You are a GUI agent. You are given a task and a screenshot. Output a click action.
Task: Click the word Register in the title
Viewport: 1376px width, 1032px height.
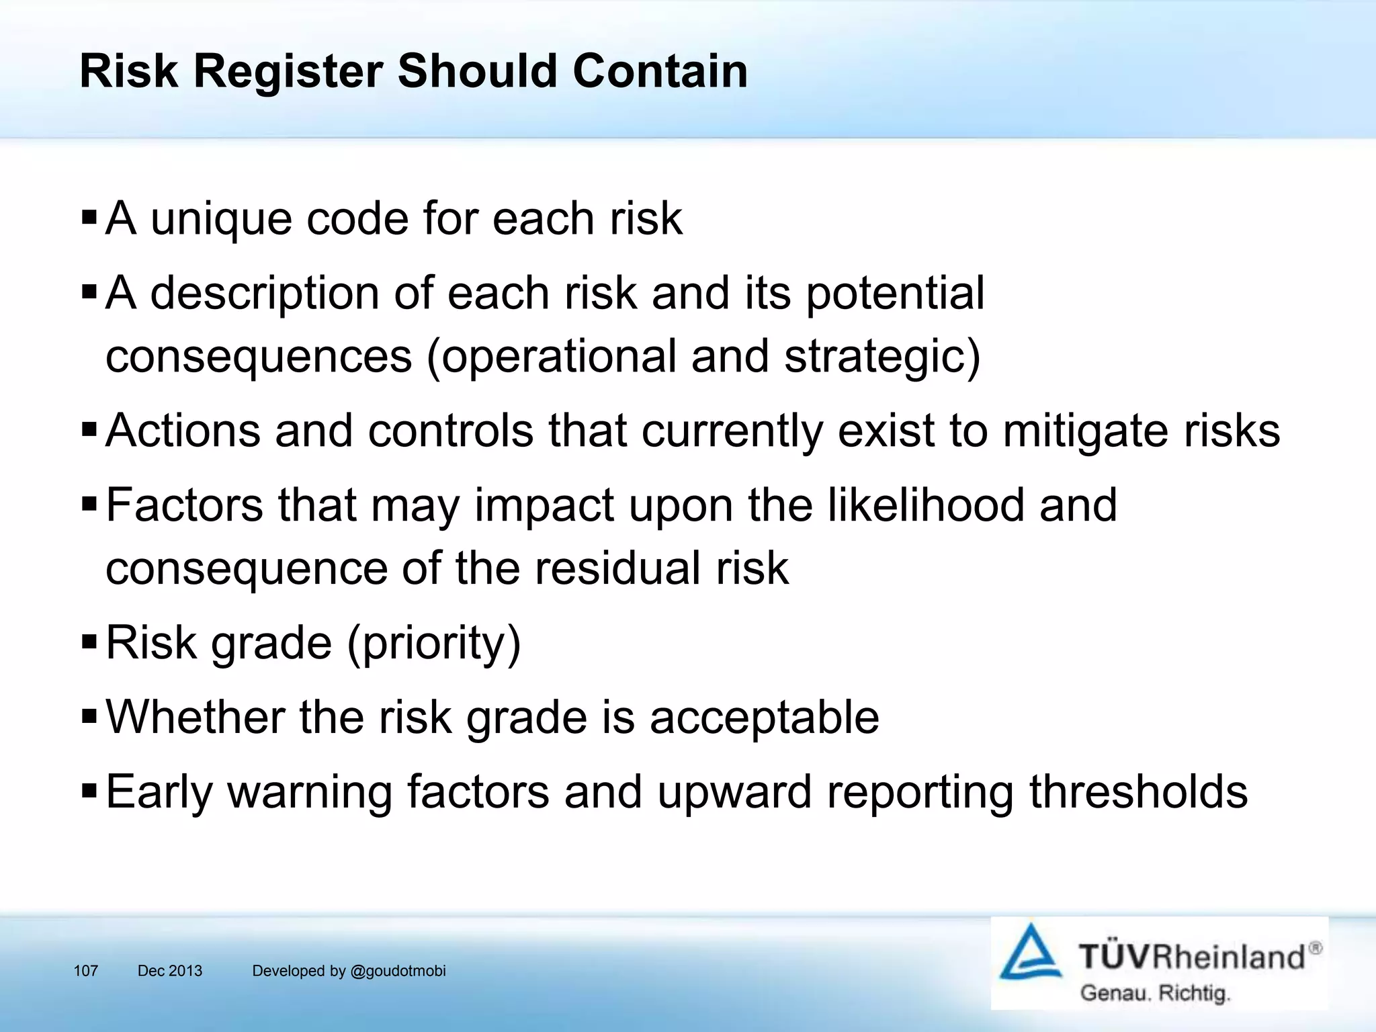tap(288, 71)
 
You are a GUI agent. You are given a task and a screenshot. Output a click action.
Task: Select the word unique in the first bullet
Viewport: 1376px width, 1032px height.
tap(221, 219)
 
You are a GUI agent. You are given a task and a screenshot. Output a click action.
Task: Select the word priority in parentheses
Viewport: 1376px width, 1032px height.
tap(434, 643)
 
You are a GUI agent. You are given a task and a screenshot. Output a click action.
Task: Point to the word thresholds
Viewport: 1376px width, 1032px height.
tap(1138, 792)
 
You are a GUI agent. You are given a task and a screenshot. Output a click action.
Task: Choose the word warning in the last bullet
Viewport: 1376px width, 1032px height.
tap(310, 792)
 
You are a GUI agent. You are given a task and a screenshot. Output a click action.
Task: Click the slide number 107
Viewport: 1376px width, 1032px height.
tap(86, 971)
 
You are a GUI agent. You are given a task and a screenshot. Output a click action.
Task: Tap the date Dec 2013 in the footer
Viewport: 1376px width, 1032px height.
tap(170, 971)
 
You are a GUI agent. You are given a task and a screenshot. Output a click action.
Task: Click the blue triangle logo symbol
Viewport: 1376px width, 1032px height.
tap(1030, 953)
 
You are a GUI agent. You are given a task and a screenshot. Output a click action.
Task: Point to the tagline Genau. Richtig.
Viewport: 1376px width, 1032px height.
tap(1154, 993)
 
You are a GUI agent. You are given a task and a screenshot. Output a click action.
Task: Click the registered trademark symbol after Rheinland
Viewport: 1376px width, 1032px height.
tap(1316, 948)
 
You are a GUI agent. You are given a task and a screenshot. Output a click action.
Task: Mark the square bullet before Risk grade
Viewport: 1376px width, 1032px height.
tap(89, 642)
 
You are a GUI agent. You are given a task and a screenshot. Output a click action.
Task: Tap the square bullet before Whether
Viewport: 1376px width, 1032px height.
tap(89, 717)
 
